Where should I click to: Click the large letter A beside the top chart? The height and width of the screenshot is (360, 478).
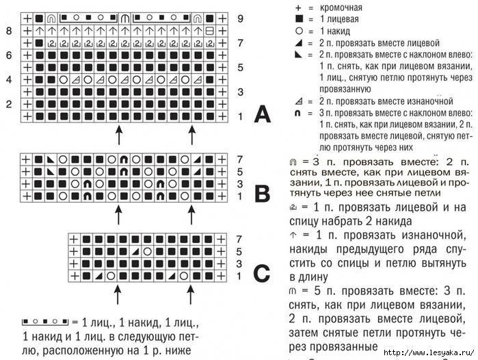point(262,114)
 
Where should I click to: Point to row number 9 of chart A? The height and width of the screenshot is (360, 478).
point(241,18)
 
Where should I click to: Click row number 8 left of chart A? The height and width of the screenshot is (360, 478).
point(8,31)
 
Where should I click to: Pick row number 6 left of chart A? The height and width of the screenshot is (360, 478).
point(8,55)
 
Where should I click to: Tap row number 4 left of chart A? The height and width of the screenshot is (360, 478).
point(8,79)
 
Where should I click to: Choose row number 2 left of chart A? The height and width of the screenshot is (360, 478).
point(8,104)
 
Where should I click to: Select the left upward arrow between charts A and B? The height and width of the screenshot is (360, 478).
point(118,135)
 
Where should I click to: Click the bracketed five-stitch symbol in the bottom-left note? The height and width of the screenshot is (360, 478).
point(45,320)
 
